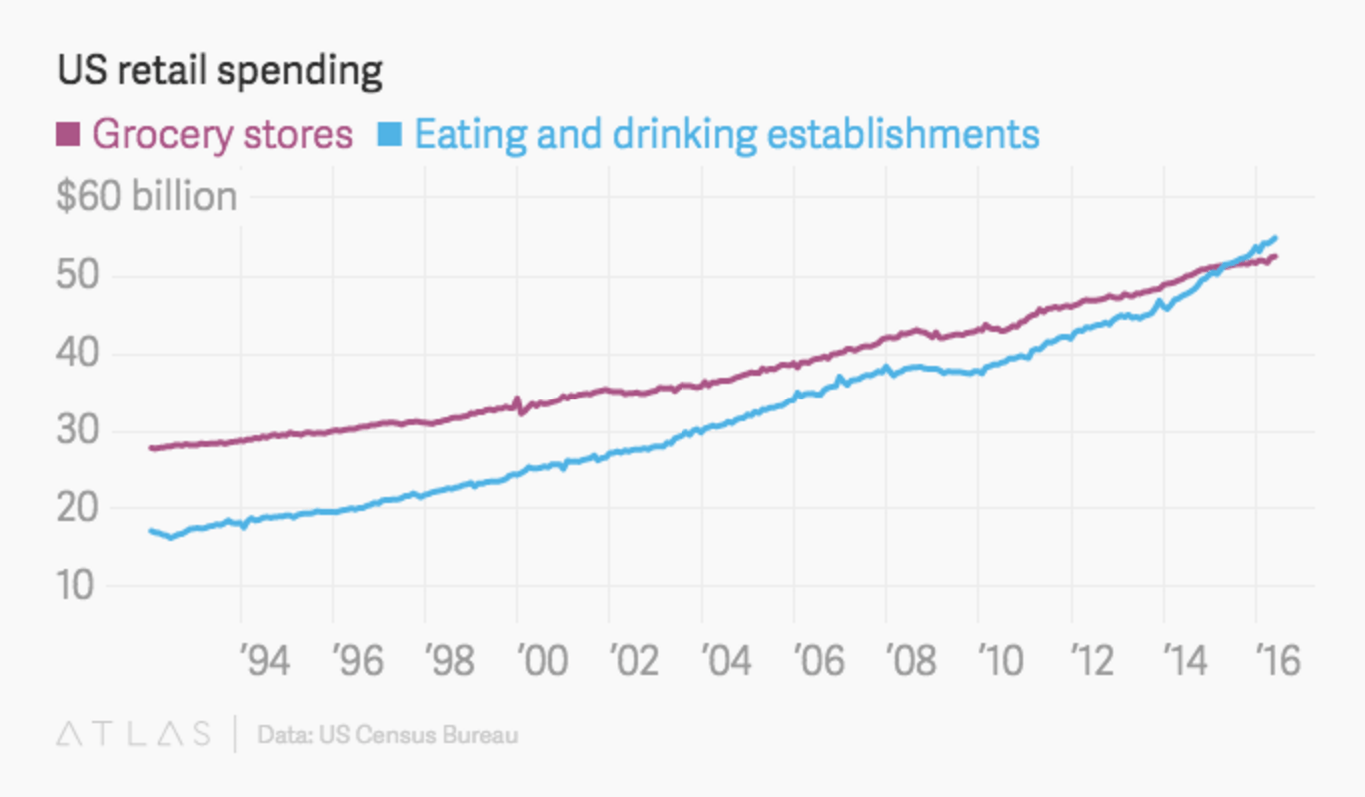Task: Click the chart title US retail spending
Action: (x=219, y=72)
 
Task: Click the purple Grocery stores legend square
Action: (x=68, y=133)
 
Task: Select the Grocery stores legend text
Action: (x=222, y=134)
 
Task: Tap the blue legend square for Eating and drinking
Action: (x=390, y=133)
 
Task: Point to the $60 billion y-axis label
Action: (x=146, y=197)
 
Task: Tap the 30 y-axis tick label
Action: (x=75, y=431)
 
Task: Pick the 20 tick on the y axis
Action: (x=75, y=509)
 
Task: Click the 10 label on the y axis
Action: (x=75, y=586)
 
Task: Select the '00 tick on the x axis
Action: (x=541, y=661)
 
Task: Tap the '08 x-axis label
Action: (x=909, y=661)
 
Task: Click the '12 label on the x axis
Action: (x=1094, y=661)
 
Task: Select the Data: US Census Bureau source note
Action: (x=388, y=736)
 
